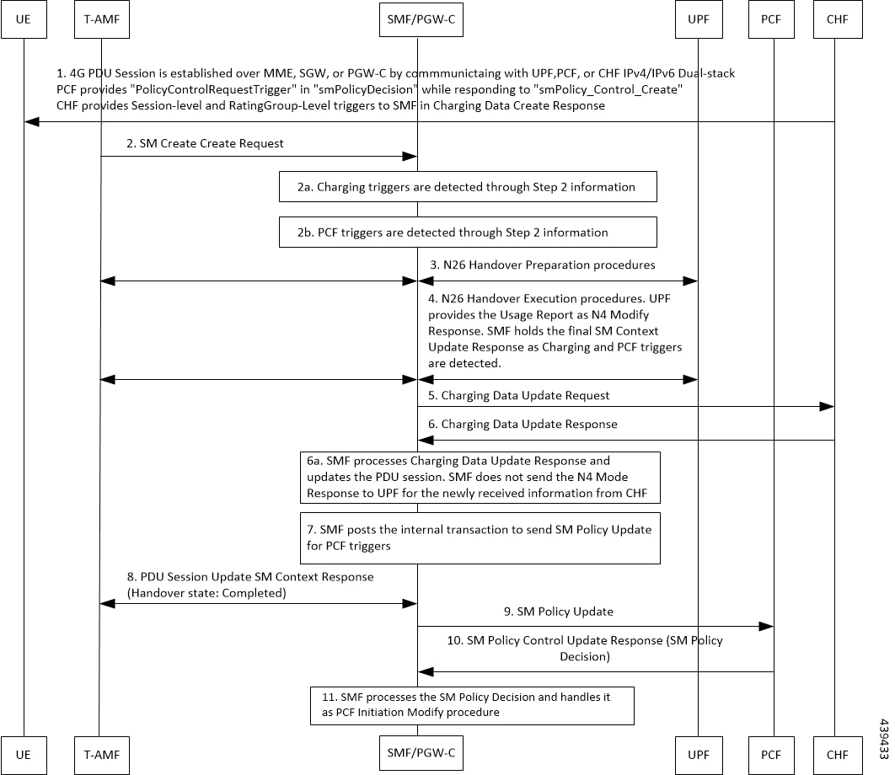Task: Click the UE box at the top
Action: [x=24, y=19]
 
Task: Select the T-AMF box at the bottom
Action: [x=102, y=755]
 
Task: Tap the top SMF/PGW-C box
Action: [x=421, y=19]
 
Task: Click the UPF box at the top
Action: [x=699, y=19]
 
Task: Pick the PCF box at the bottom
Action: [x=771, y=755]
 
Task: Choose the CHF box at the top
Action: [x=838, y=19]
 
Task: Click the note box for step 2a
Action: [x=468, y=187]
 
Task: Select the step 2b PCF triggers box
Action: [x=468, y=232]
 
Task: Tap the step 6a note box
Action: [x=480, y=478]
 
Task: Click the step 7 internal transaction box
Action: [x=480, y=538]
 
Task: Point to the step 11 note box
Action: [x=472, y=706]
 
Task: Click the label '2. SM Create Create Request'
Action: [x=205, y=143]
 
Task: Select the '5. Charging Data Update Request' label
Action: [x=519, y=395]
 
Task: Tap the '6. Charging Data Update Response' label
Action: [x=523, y=424]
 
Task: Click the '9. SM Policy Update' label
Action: [x=558, y=612]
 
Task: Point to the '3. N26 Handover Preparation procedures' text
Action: [x=542, y=265]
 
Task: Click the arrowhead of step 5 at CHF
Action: [x=827, y=406]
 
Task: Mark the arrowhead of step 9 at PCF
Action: [x=767, y=626]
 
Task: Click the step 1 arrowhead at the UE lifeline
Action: [x=31, y=121]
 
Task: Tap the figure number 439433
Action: [x=883, y=739]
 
